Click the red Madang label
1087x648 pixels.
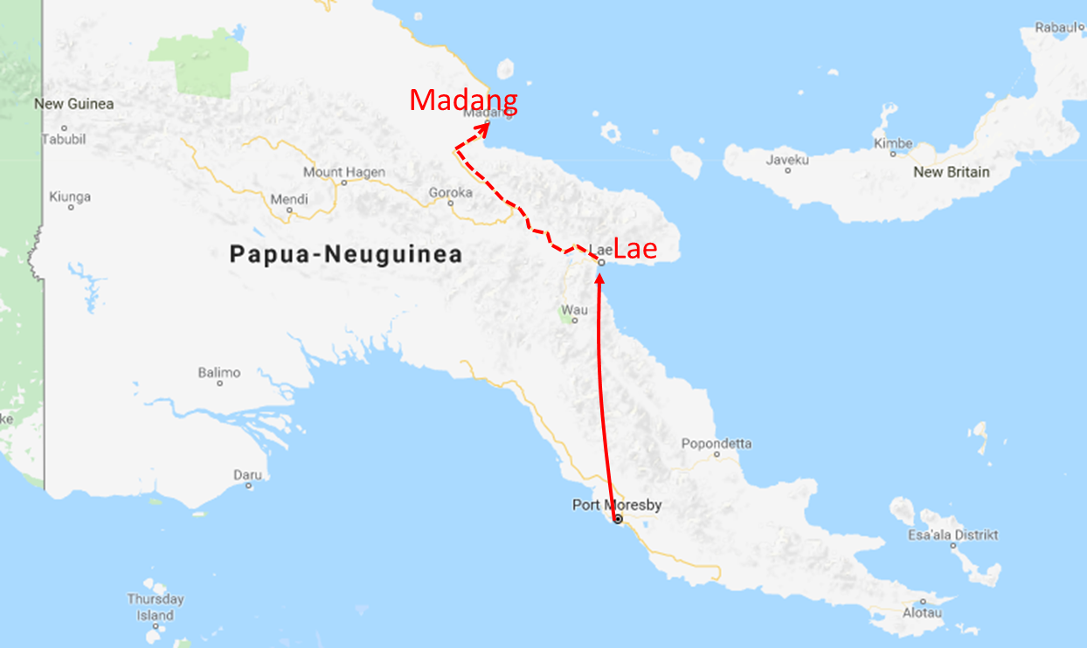pyautogui.click(x=463, y=100)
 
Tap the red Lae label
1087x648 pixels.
pyautogui.click(x=634, y=248)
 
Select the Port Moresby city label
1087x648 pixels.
pyautogui.click(x=617, y=505)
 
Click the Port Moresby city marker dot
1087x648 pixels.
pyautogui.click(x=618, y=519)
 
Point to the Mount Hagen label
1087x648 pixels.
pyautogui.click(x=343, y=173)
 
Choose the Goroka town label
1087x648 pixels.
pyautogui.click(x=450, y=192)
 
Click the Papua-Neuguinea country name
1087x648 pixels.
pyautogui.click(x=345, y=255)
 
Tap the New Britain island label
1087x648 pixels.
pyautogui.click(x=952, y=172)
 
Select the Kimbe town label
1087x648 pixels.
pyautogui.click(x=893, y=143)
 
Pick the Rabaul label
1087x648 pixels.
pyautogui.click(x=1055, y=27)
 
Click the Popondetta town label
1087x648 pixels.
pyautogui.click(x=717, y=444)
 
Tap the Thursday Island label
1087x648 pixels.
pyautogui.click(x=156, y=607)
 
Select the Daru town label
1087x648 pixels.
pyautogui.click(x=247, y=475)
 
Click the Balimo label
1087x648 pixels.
pyautogui.click(x=218, y=373)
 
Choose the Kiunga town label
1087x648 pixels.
pyautogui.click(x=70, y=197)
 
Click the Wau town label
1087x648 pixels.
pyautogui.click(x=574, y=310)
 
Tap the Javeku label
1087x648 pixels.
pyautogui.click(x=787, y=160)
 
